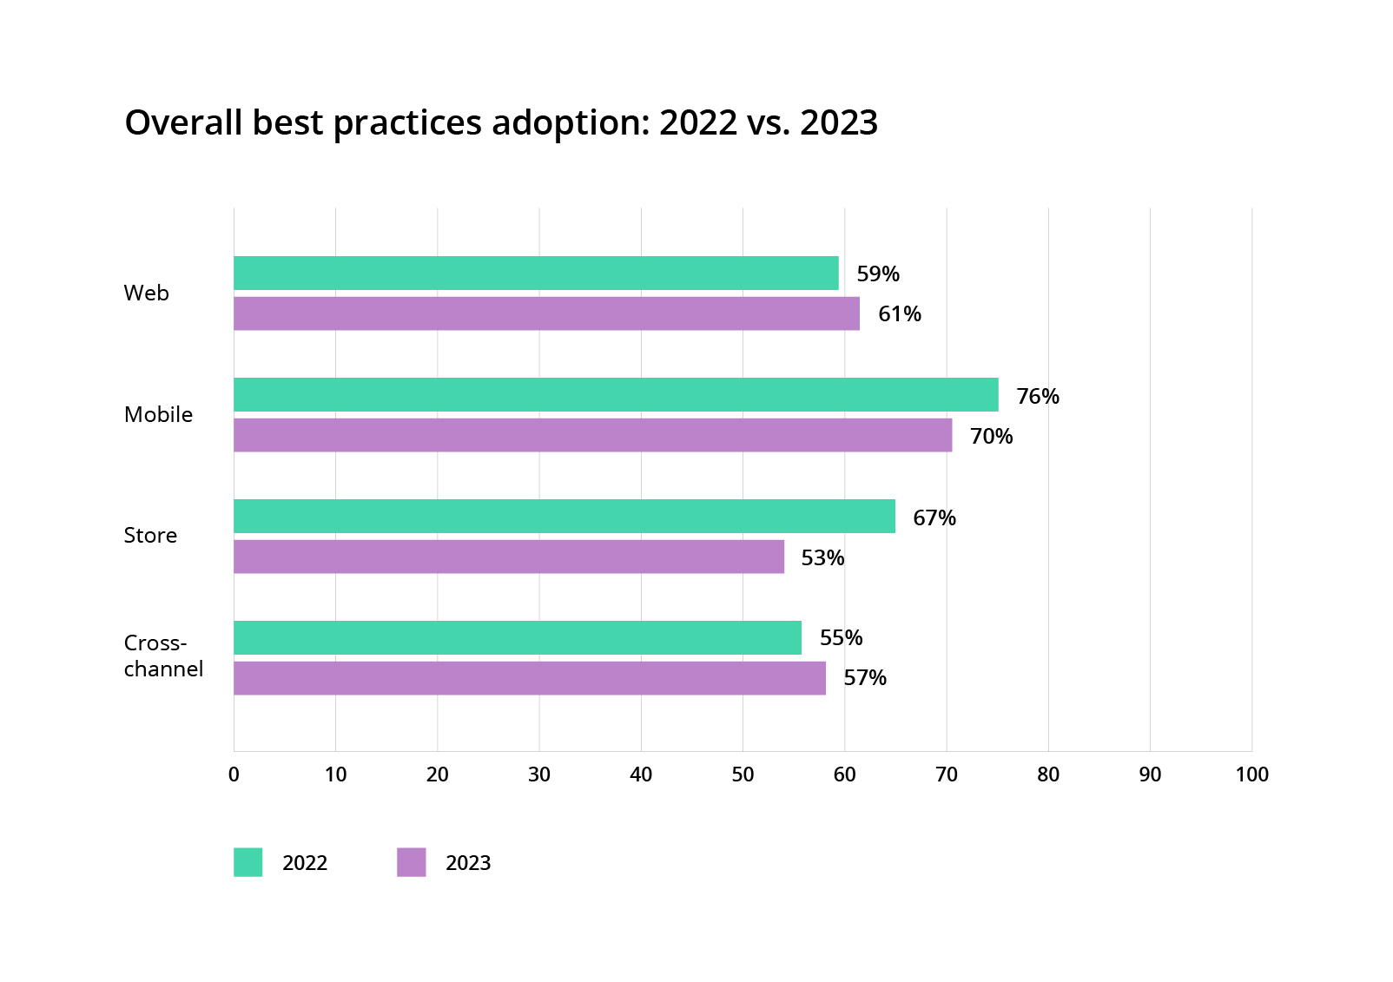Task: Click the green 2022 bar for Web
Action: click(x=536, y=273)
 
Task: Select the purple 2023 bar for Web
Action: click(x=546, y=313)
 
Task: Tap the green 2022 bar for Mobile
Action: click(x=616, y=394)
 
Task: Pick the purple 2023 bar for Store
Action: click(x=509, y=557)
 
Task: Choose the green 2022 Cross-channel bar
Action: click(x=518, y=637)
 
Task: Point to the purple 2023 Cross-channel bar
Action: click(x=530, y=678)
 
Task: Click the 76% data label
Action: click(x=1038, y=396)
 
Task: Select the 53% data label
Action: click(x=822, y=557)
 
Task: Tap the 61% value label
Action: click(x=899, y=313)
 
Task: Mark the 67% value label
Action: click(x=934, y=517)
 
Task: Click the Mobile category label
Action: click(x=158, y=414)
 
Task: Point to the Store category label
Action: click(x=150, y=535)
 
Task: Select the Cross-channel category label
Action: click(x=163, y=656)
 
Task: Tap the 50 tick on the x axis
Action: click(x=743, y=774)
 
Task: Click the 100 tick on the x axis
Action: click(x=1251, y=774)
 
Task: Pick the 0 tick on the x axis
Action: click(x=234, y=774)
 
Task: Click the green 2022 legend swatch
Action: click(x=248, y=862)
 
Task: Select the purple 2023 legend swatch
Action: click(x=411, y=862)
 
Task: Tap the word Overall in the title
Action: click(x=183, y=123)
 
